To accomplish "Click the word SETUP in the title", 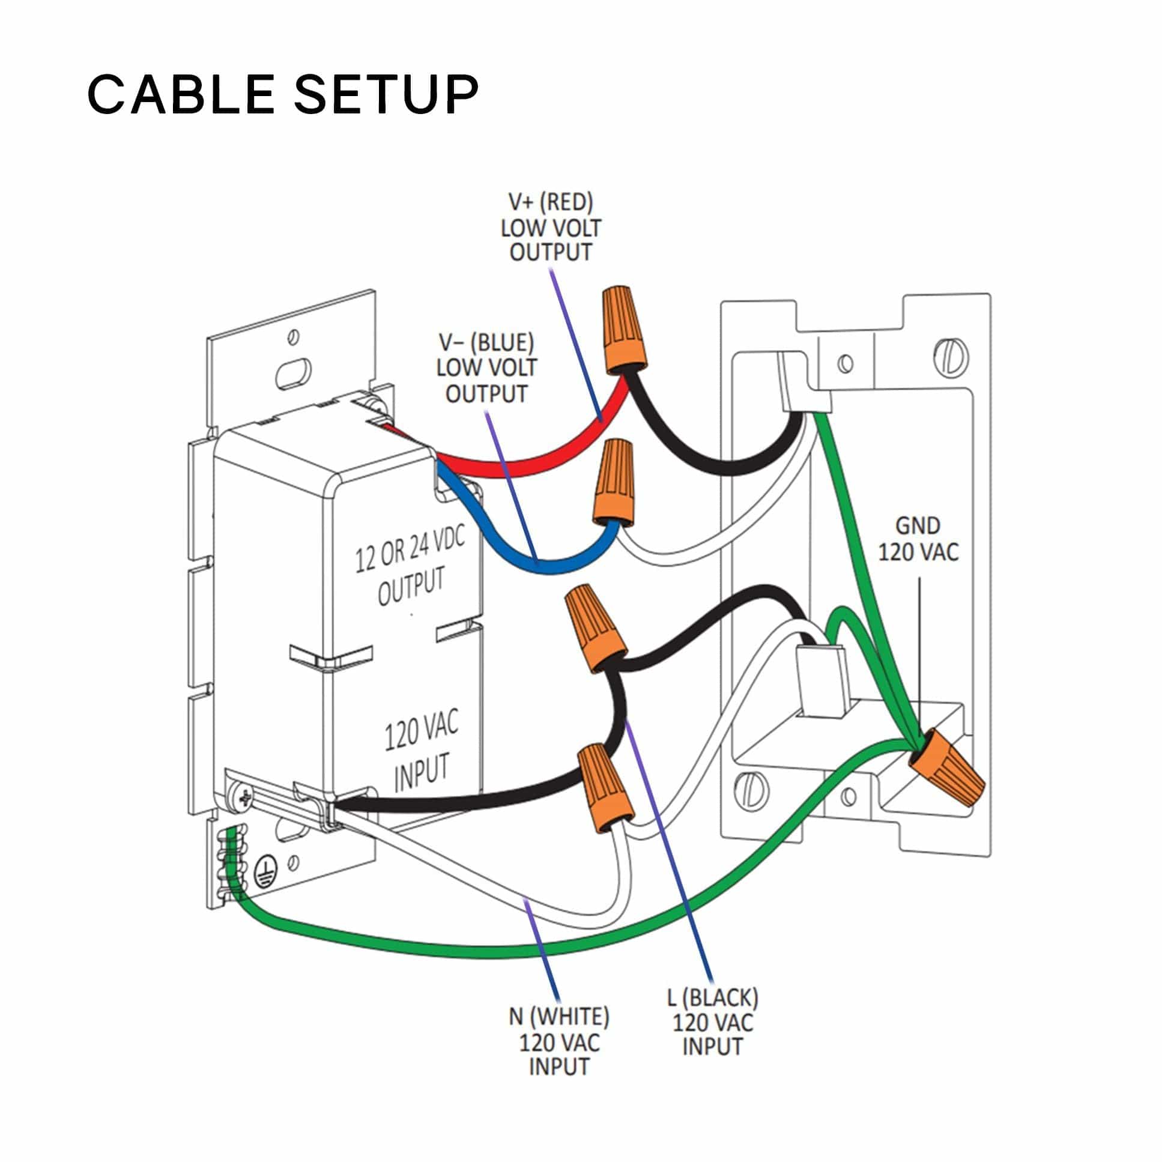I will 386,94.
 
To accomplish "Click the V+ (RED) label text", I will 550,203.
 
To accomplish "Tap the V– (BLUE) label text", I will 486,343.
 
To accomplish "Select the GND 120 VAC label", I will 918,539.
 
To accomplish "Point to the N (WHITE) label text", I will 558,1017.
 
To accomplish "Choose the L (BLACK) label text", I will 712,998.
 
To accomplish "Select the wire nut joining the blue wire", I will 615,482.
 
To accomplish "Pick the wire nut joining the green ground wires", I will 946,767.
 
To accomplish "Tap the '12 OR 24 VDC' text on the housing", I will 410,550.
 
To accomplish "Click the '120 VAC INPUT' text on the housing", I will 421,749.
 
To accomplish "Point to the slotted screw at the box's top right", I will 951,357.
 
